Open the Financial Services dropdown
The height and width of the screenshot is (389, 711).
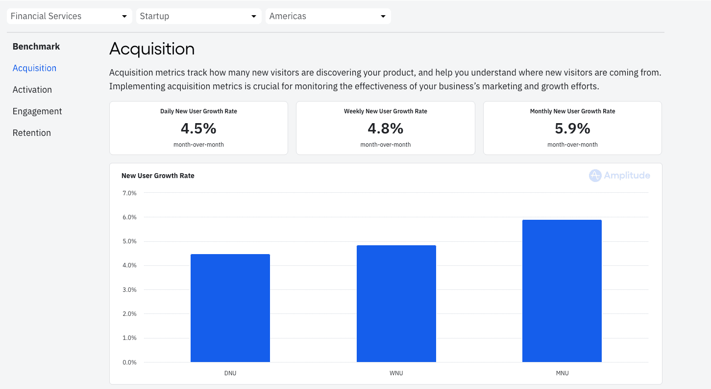69,16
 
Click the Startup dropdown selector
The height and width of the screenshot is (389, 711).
198,16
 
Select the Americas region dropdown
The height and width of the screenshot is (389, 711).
328,16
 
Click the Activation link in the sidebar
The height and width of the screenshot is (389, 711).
32,90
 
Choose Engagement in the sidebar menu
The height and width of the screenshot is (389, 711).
37,111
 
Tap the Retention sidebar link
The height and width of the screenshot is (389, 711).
32,133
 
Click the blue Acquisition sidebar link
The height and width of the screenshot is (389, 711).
34,68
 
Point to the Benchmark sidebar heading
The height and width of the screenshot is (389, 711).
36,47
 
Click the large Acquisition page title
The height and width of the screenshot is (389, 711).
152,49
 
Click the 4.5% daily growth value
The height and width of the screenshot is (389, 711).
198,129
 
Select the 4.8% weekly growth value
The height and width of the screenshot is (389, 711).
386,129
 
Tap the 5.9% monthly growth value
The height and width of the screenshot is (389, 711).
572,129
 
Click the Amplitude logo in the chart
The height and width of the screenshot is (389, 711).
620,176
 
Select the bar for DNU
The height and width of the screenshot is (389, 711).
230,308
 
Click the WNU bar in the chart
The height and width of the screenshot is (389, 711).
396,304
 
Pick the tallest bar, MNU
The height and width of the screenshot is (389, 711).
562,291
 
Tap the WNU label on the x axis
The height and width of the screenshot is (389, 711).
396,373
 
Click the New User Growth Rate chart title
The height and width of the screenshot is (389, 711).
158,176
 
